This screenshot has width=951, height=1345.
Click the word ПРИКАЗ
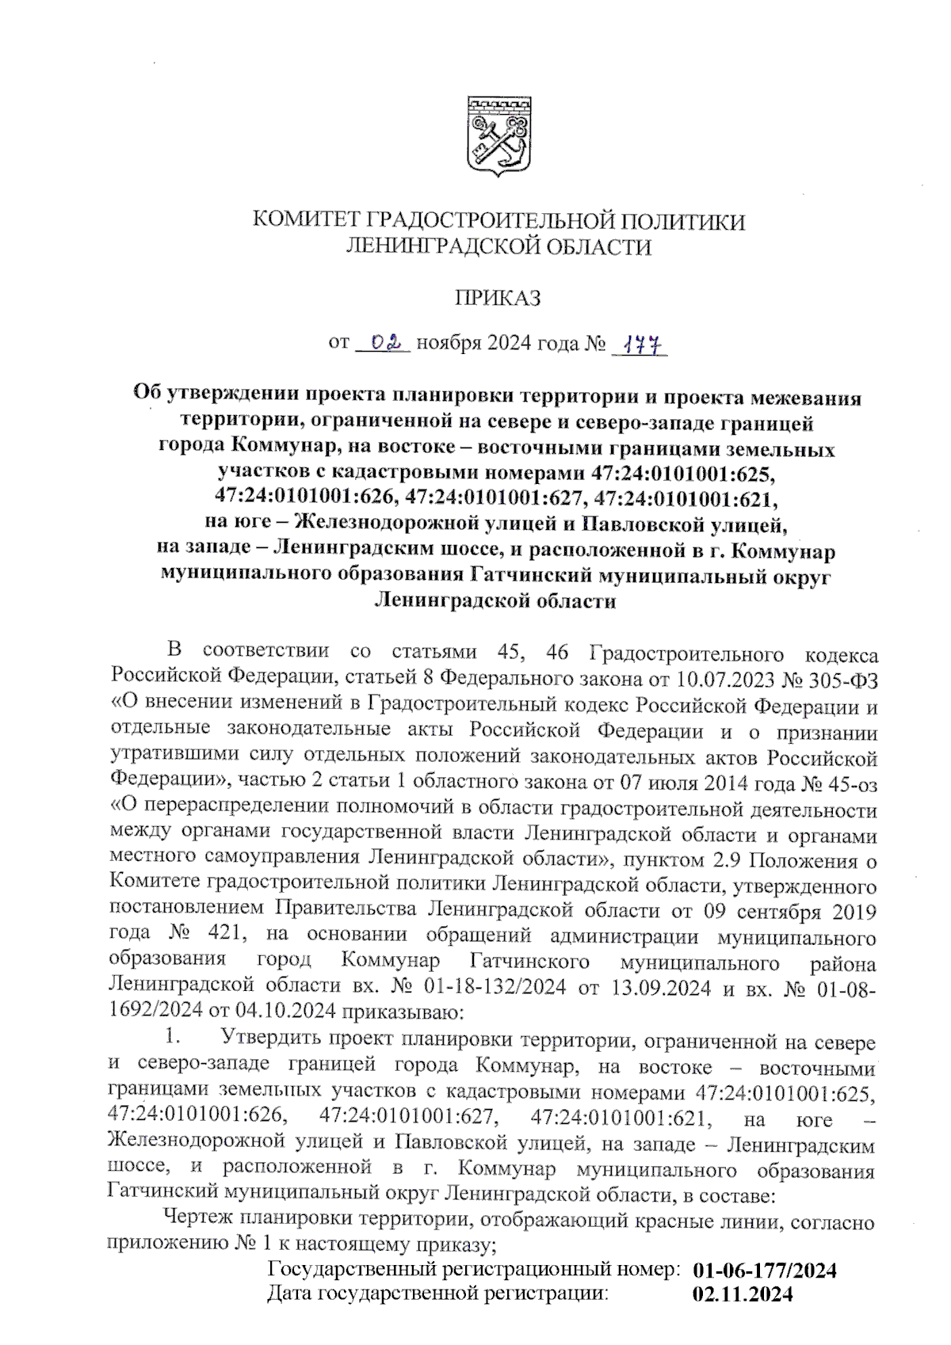[x=498, y=299]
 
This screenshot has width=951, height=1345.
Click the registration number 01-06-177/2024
[x=765, y=1271]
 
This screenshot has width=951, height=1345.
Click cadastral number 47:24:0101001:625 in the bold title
[x=682, y=474]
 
